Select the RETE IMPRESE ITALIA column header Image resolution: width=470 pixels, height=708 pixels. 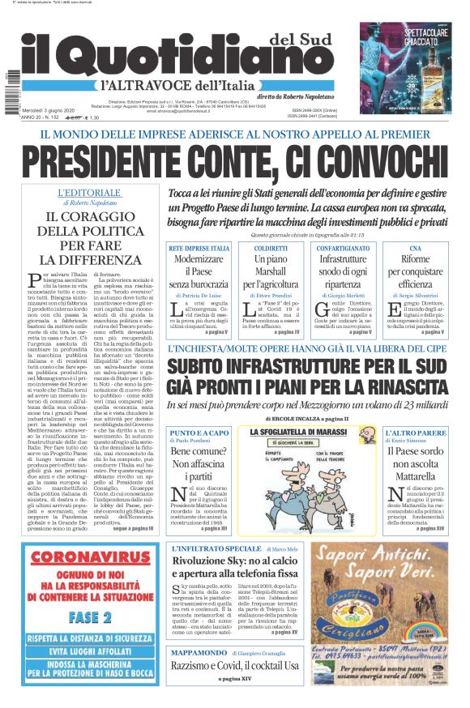(199, 248)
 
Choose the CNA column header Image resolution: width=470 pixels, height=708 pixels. (415, 248)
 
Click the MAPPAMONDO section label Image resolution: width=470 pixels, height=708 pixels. (199, 651)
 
